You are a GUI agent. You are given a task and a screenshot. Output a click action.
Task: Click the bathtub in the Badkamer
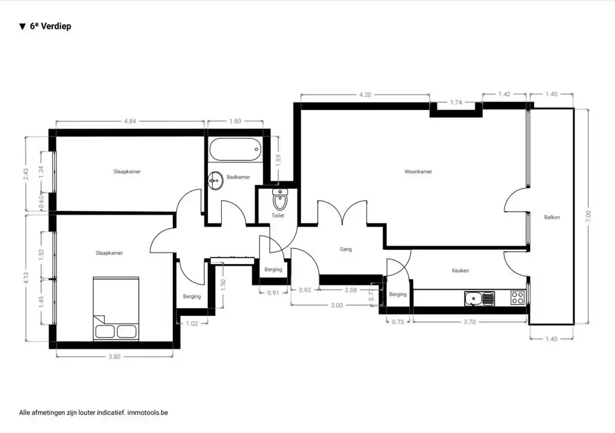tap(235, 149)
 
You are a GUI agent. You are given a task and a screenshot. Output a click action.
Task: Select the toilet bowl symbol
tap(280, 199)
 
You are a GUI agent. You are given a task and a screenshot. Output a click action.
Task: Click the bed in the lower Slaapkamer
tap(116, 308)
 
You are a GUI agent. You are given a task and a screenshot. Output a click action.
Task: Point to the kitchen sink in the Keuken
tap(479, 298)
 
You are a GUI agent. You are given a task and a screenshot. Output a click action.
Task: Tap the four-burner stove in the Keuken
tap(518, 297)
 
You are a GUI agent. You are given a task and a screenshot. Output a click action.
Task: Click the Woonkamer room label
tap(418, 171)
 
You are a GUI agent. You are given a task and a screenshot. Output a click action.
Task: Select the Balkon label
tap(552, 217)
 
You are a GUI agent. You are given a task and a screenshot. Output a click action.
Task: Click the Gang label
tap(345, 249)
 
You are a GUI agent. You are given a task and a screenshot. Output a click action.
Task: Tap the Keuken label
tap(460, 270)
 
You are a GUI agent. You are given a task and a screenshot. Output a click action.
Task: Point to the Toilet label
tap(277, 216)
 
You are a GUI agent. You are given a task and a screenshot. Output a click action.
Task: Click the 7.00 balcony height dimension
tap(588, 216)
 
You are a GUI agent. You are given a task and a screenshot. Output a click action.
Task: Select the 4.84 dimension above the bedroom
tap(130, 121)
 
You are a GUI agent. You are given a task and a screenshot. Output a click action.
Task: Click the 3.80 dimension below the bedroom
tap(114, 357)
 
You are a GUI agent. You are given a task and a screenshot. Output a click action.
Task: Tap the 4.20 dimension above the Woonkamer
tap(365, 94)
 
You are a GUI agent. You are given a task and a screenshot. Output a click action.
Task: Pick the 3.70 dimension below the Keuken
tap(470, 322)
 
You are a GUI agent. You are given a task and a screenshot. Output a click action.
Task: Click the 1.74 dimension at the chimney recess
tap(456, 102)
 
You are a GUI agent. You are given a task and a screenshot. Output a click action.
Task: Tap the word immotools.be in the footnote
tap(148, 413)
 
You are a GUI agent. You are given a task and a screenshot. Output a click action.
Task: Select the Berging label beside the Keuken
tap(398, 294)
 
